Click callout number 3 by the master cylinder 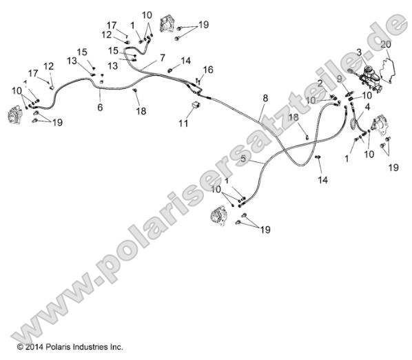pos(359,52)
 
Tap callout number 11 pos(183,123)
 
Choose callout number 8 pos(264,99)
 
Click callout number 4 pos(367,106)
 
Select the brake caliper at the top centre pos(166,23)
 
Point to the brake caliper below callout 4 pos(380,126)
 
